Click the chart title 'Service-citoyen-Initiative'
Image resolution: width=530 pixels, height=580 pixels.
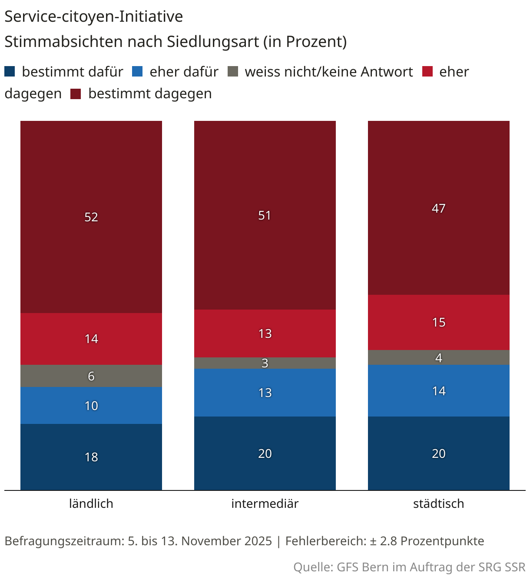pos(93,17)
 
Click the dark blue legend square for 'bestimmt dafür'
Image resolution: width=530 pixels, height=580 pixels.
pos(10,71)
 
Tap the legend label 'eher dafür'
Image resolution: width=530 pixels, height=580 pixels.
pos(184,72)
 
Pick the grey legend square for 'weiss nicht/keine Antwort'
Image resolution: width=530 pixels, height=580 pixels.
pos(233,71)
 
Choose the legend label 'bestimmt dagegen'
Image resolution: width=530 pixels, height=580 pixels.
pos(150,93)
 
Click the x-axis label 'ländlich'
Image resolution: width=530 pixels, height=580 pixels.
pos(91,503)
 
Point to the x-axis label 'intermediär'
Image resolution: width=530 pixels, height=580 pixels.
pos(265,503)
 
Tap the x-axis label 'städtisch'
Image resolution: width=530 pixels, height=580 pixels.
pos(438,503)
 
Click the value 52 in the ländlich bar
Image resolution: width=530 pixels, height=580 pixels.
pos(91,217)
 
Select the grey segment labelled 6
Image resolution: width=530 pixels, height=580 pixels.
pos(91,376)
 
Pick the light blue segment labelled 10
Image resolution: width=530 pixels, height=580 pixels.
pos(91,406)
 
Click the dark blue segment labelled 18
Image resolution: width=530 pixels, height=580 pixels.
pos(91,457)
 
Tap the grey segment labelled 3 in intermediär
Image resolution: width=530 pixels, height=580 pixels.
pos(265,363)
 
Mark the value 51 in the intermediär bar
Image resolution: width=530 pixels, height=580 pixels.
pos(265,215)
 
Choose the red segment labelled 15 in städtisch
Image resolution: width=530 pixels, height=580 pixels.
pos(439,322)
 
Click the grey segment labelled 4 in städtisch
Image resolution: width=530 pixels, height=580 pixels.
pos(439,358)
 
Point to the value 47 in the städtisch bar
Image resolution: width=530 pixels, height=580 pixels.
pos(439,208)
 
